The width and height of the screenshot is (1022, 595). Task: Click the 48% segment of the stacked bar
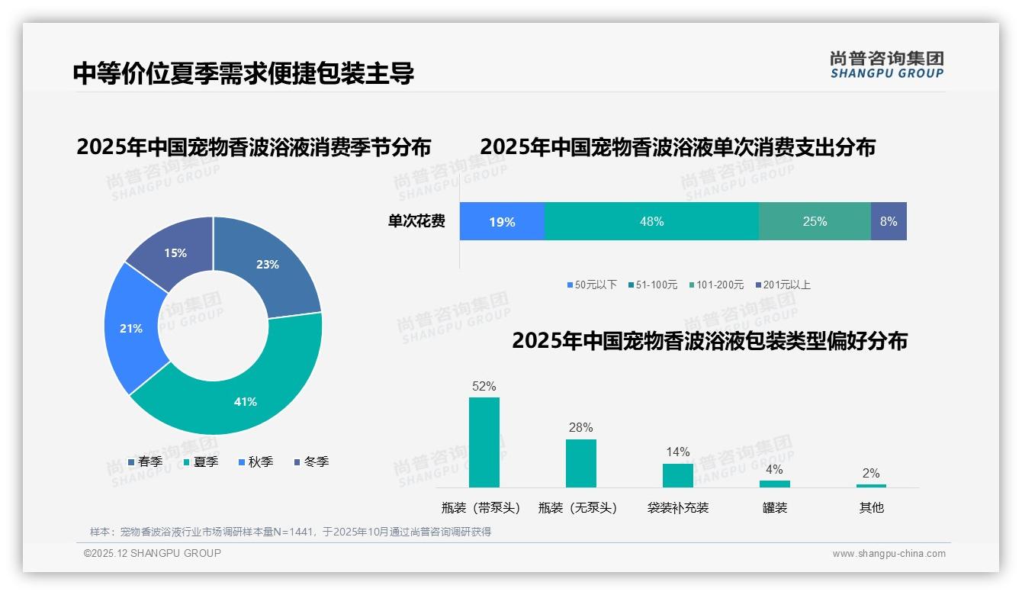point(651,221)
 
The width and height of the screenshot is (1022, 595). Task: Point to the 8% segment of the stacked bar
point(889,221)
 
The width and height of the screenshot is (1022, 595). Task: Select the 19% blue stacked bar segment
point(502,221)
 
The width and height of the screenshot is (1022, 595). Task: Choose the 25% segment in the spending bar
point(815,221)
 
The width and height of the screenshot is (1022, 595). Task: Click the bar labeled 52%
point(484,442)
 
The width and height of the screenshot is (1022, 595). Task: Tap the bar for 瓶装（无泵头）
point(581,463)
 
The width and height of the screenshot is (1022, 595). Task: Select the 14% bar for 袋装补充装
point(678,475)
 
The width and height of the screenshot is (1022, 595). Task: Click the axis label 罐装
point(775,507)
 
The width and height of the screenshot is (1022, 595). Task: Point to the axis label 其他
point(872,507)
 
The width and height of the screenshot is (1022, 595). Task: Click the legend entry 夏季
point(205,462)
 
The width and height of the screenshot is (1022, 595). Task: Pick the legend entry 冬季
point(316,462)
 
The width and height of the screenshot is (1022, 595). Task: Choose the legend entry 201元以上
point(786,285)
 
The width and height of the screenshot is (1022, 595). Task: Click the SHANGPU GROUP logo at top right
point(886,64)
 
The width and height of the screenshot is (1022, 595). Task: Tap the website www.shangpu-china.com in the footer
point(889,553)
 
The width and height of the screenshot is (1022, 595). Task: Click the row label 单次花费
point(416,221)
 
